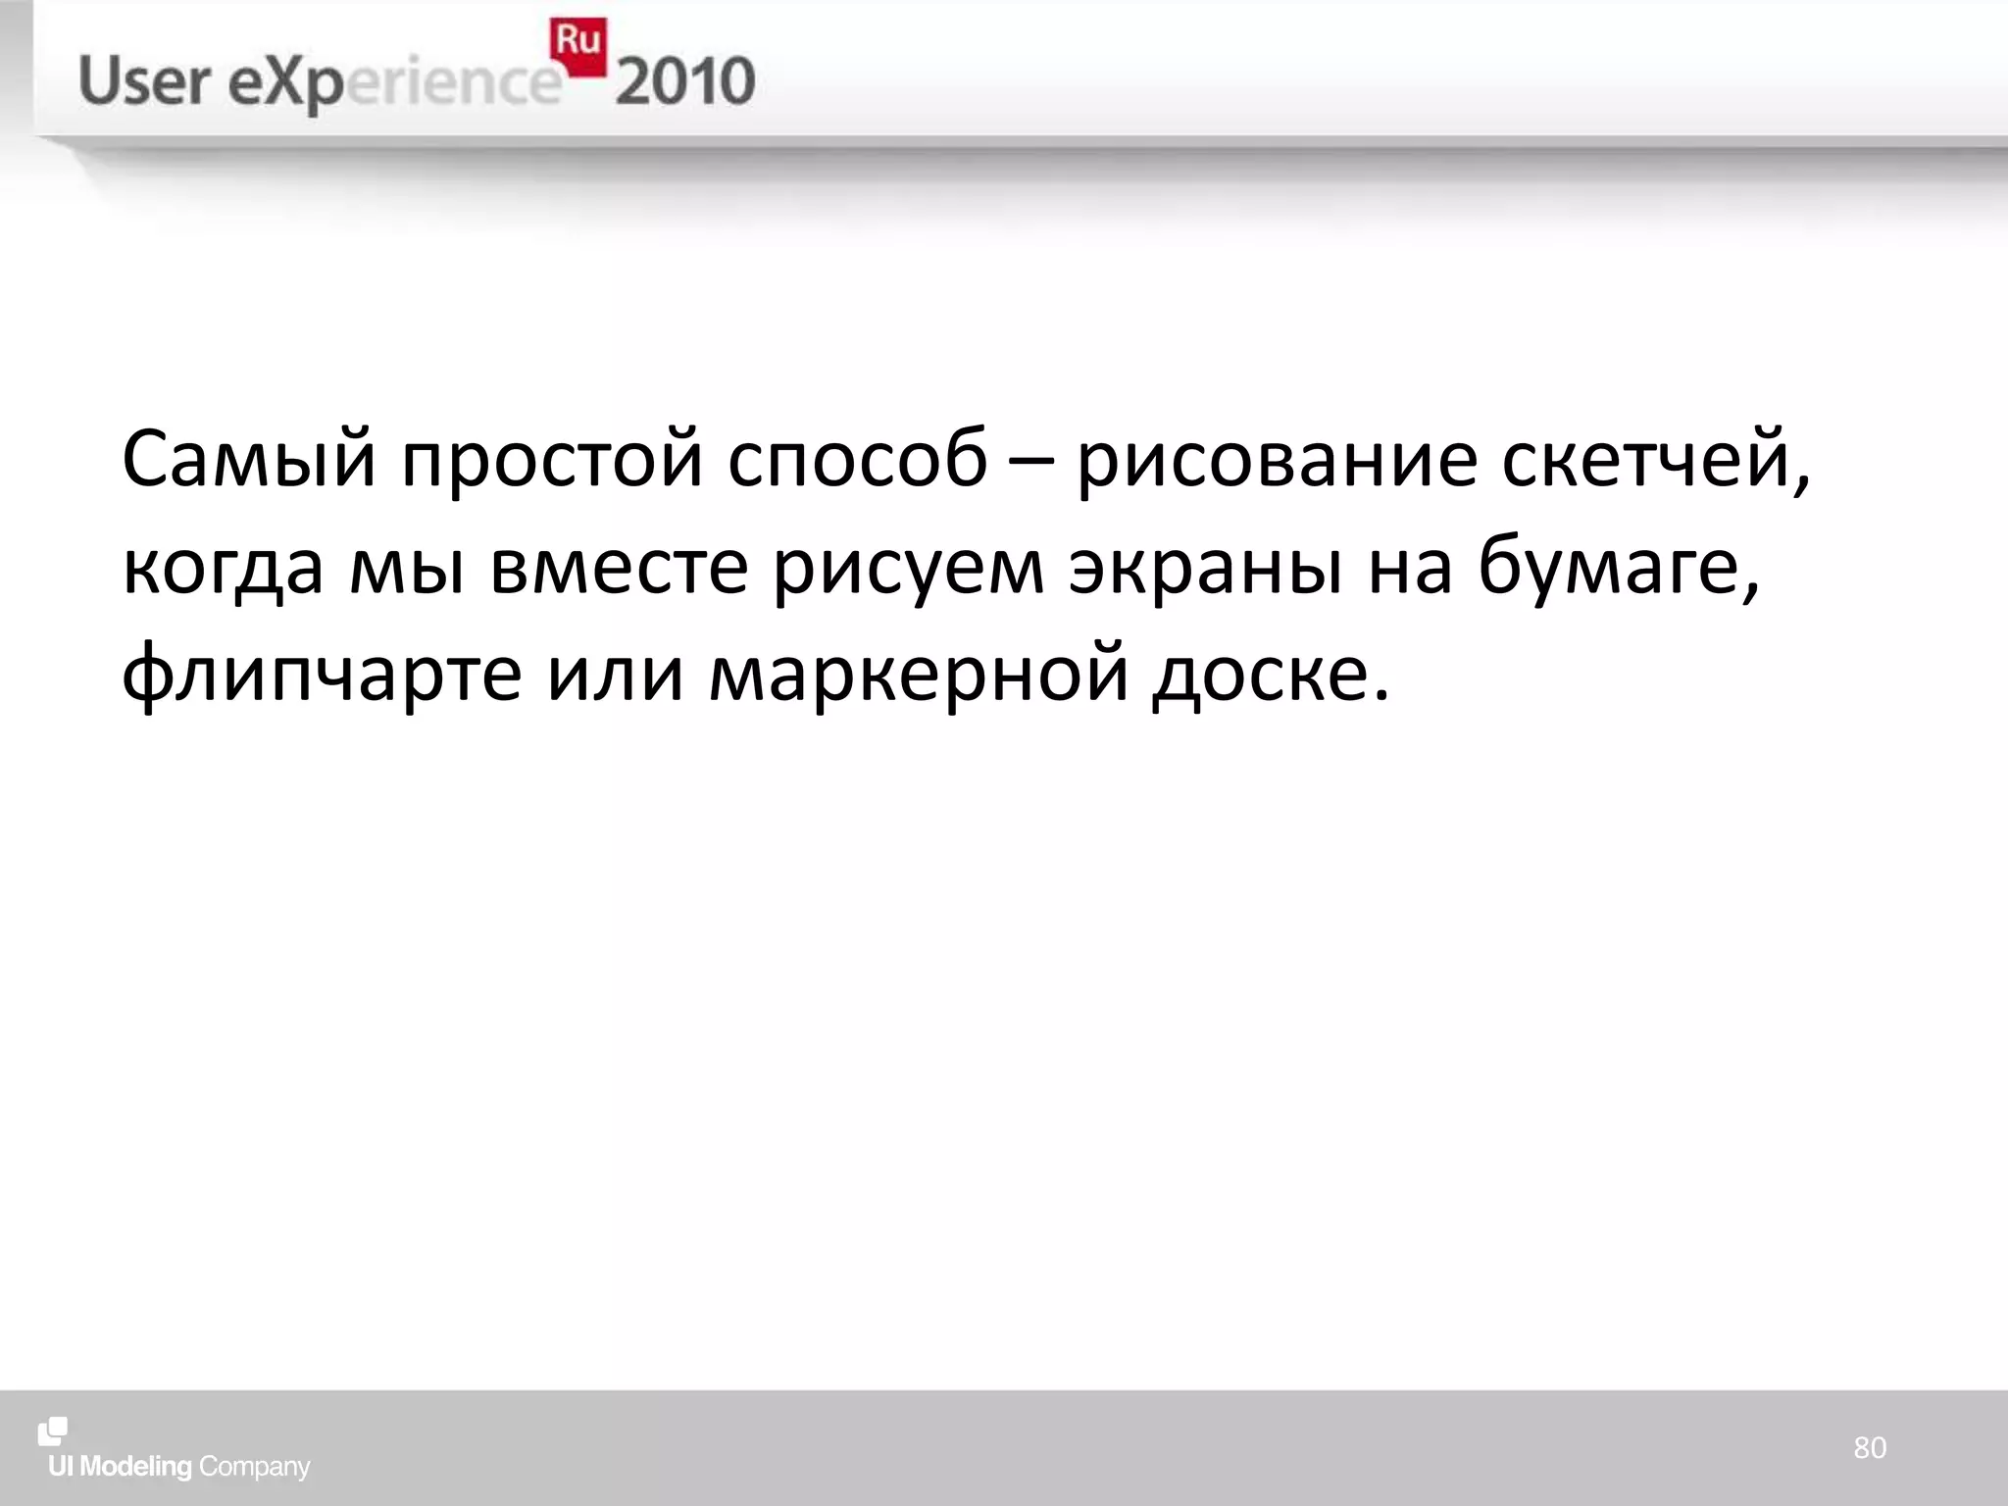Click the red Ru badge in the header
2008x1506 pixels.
point(577,46)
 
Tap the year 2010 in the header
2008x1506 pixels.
point(685,81)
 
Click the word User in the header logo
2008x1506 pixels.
point(144,81)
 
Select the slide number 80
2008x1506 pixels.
point(1870,1447)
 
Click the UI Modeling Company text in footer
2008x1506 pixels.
point(179,1467)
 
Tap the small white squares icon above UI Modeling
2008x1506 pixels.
point(53,1431)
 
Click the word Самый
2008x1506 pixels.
point(249,459)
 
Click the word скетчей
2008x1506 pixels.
point(1652,459)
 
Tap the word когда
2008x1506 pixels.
point(223,568)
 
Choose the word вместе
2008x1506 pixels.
point(620,568)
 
